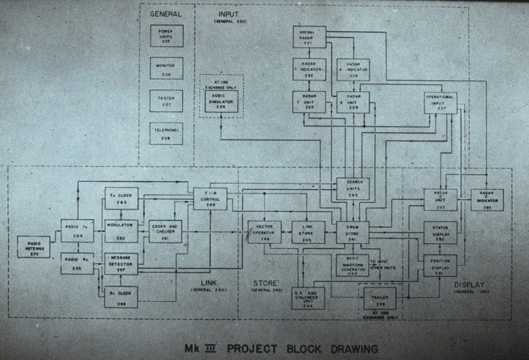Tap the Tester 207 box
click(165, 101)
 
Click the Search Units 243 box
click(353, 189)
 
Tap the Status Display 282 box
click(440, 232)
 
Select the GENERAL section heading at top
click(165, 14)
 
